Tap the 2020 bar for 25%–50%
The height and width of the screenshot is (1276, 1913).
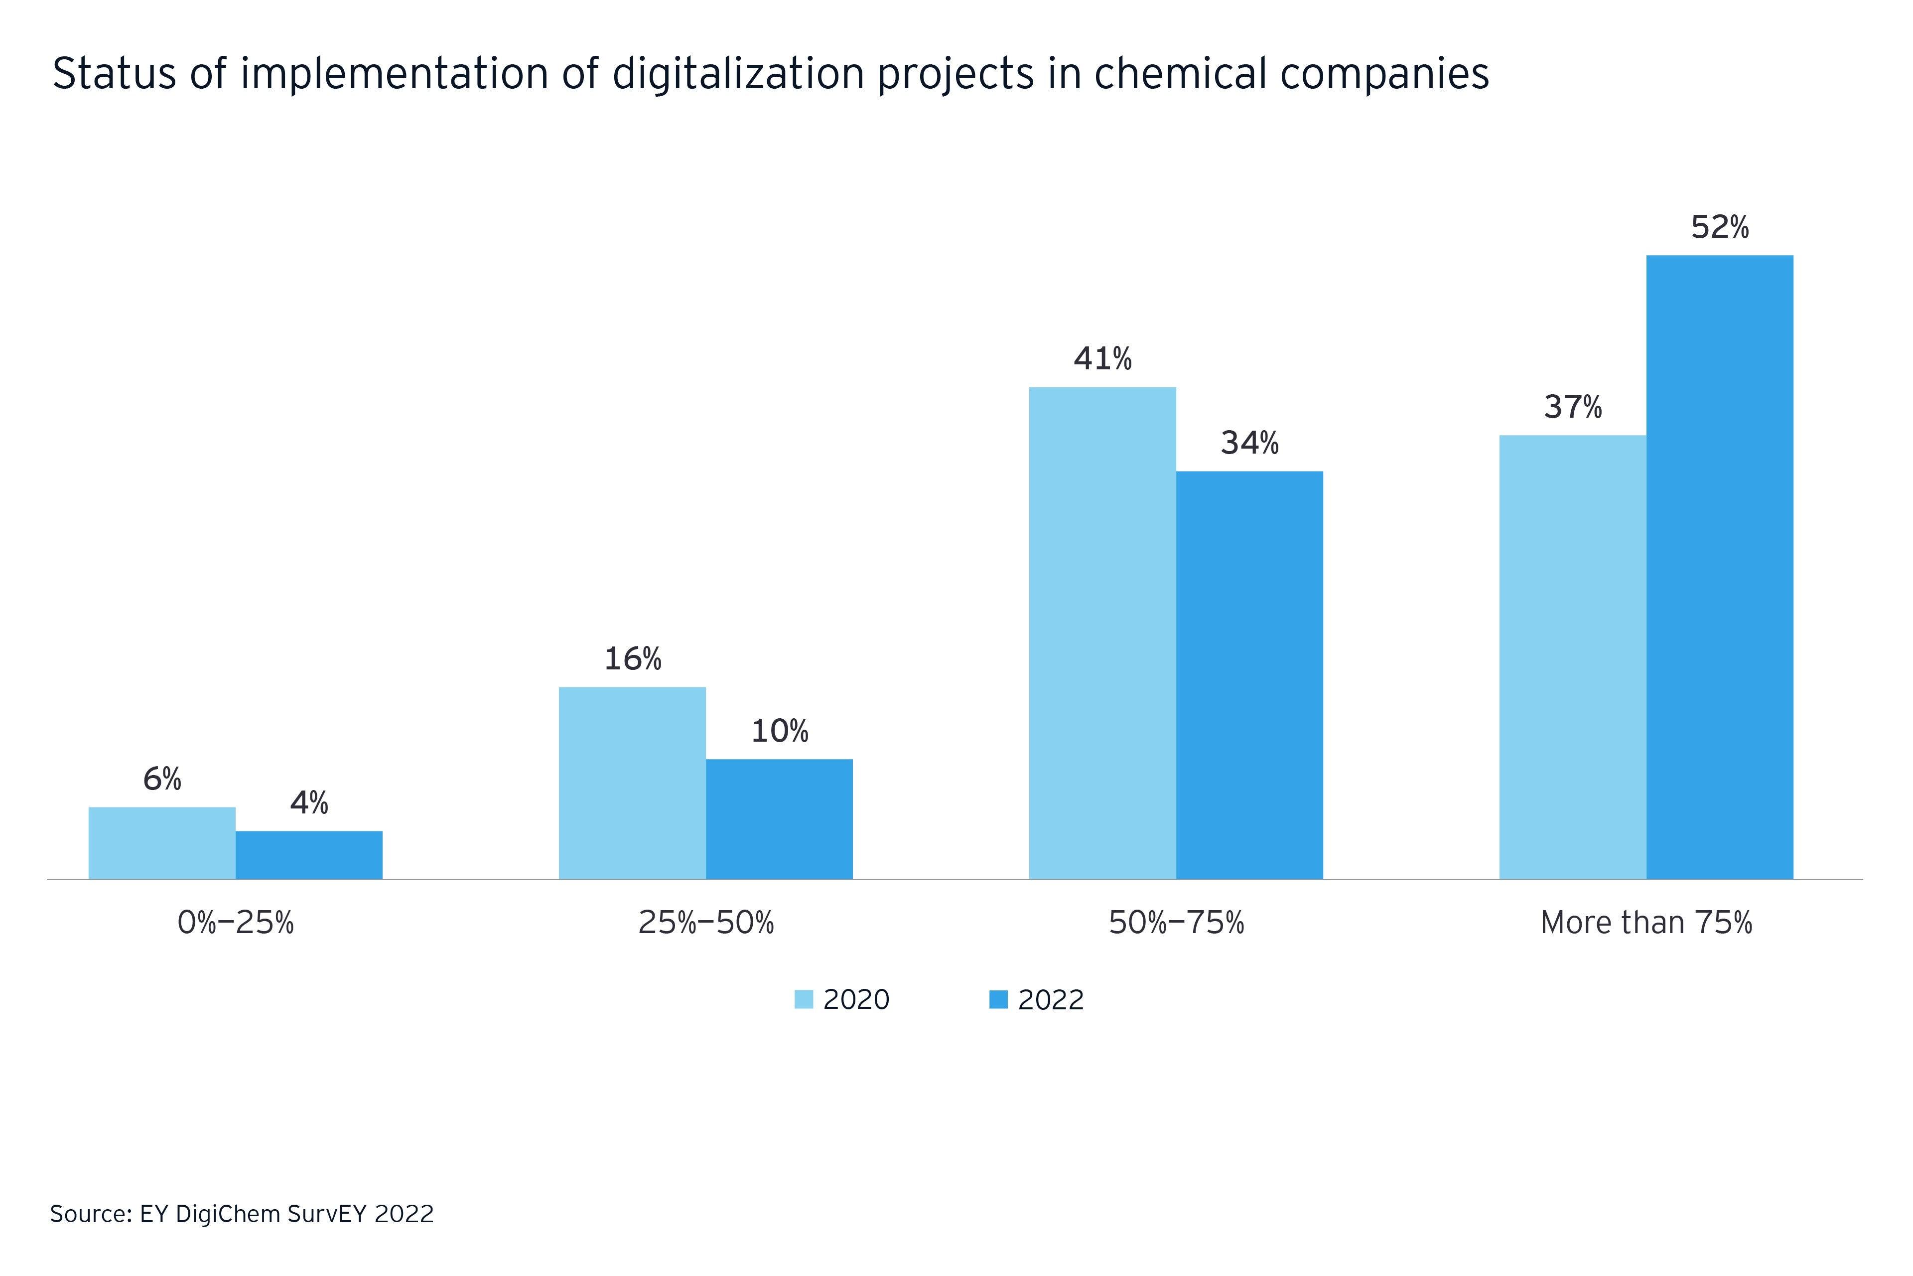(x=632, y=783)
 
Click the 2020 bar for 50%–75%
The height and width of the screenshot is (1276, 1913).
(x=1102, y=633)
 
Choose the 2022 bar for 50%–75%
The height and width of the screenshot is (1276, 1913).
(x=1249, y=675)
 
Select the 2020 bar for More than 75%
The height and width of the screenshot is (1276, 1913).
(x=1572, y=657)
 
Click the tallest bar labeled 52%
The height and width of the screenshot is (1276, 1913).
(x=1719, y=567)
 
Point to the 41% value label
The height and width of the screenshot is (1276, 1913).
(x=1102, y=359)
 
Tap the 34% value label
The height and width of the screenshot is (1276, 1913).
(x=1249, y=444)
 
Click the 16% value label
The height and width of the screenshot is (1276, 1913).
(x=632, y=659)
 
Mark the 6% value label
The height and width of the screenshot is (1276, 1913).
(x=162, y=780)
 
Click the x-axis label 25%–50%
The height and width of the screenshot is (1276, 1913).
(x=705, y=923)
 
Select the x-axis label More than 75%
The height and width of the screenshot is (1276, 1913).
(x=1646, y=923)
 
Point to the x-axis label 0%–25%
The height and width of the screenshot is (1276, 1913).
(x=235, y=923)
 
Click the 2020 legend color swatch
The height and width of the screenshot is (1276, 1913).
(x=804, y=999)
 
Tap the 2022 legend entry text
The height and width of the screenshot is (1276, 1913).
(x=1051, y=999)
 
